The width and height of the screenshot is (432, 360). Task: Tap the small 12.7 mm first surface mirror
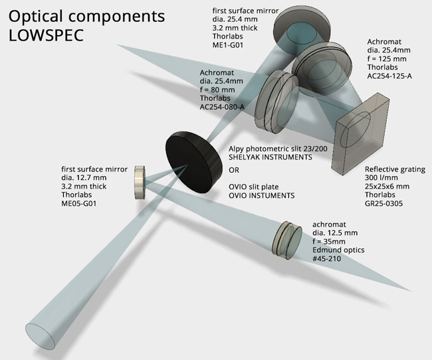(140, 182)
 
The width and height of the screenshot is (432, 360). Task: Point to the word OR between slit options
(234, 169)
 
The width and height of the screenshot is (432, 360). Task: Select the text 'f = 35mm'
(330, 242)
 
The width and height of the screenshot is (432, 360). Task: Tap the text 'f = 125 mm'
(387, 57)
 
